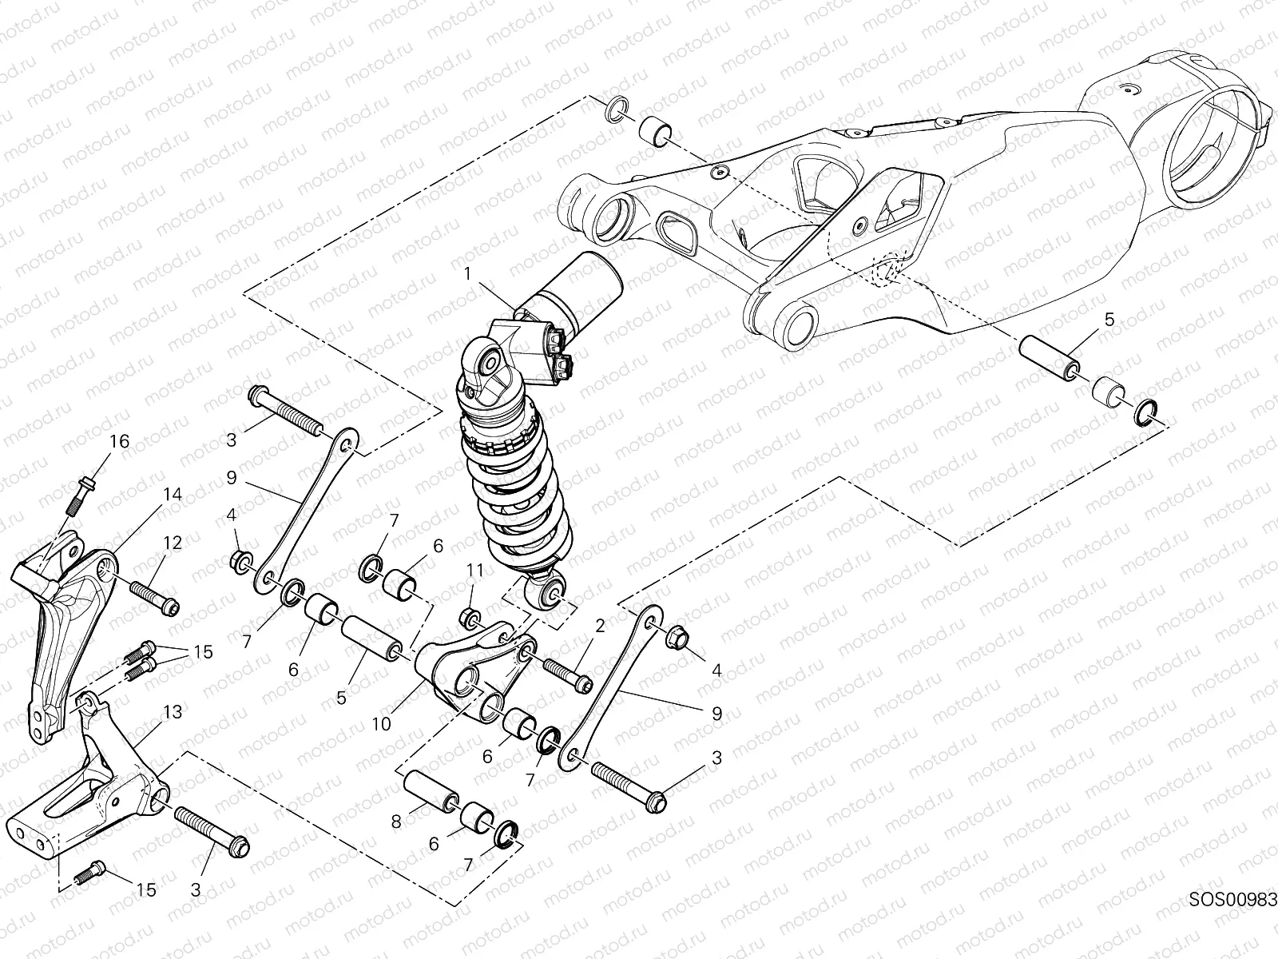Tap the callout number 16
coord(118,442)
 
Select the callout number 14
coord(173,495)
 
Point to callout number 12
coord(173,543)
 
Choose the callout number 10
coord(380,724)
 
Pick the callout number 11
coord(475,571)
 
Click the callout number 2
coord(599,625)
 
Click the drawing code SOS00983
coord(1232,899)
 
